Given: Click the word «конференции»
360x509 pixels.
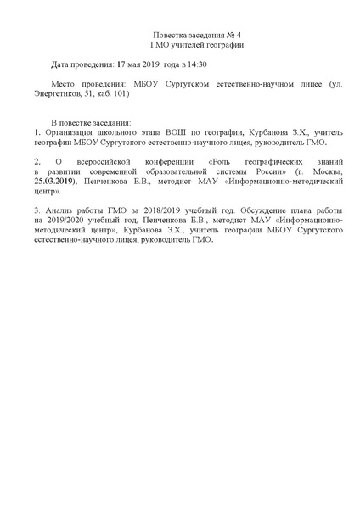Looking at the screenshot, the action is point(171,161).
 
